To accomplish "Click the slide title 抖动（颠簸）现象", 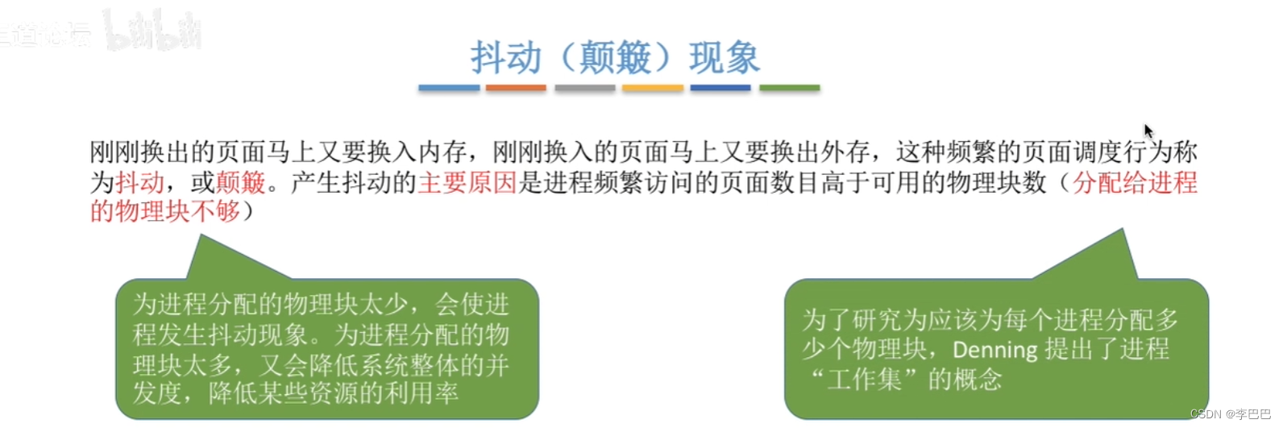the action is (x=616, y=58).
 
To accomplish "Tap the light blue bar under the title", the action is (x=449, y=88).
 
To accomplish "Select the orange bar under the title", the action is (x=516, y=88).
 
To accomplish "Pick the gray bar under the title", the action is (x=585, y=88).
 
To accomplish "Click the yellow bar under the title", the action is (x=653, y=88).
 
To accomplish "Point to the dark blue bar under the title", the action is (x=720, y=88).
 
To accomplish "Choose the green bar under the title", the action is (x=790, y=88).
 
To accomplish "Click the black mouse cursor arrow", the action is (x=1148, y=131).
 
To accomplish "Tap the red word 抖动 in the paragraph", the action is (x=139, y=183).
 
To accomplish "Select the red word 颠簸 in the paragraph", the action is (x=240, y=183).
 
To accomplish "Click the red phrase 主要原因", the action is (x=467, y=183).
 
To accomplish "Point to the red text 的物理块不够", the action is (x=165, y=211).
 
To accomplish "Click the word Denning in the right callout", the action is (x=995, y=350).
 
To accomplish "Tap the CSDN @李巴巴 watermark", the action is (x=1231, y=413).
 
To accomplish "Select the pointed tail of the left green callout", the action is (x=201, y=236).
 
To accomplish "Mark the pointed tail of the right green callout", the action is (x=1122, y=231).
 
